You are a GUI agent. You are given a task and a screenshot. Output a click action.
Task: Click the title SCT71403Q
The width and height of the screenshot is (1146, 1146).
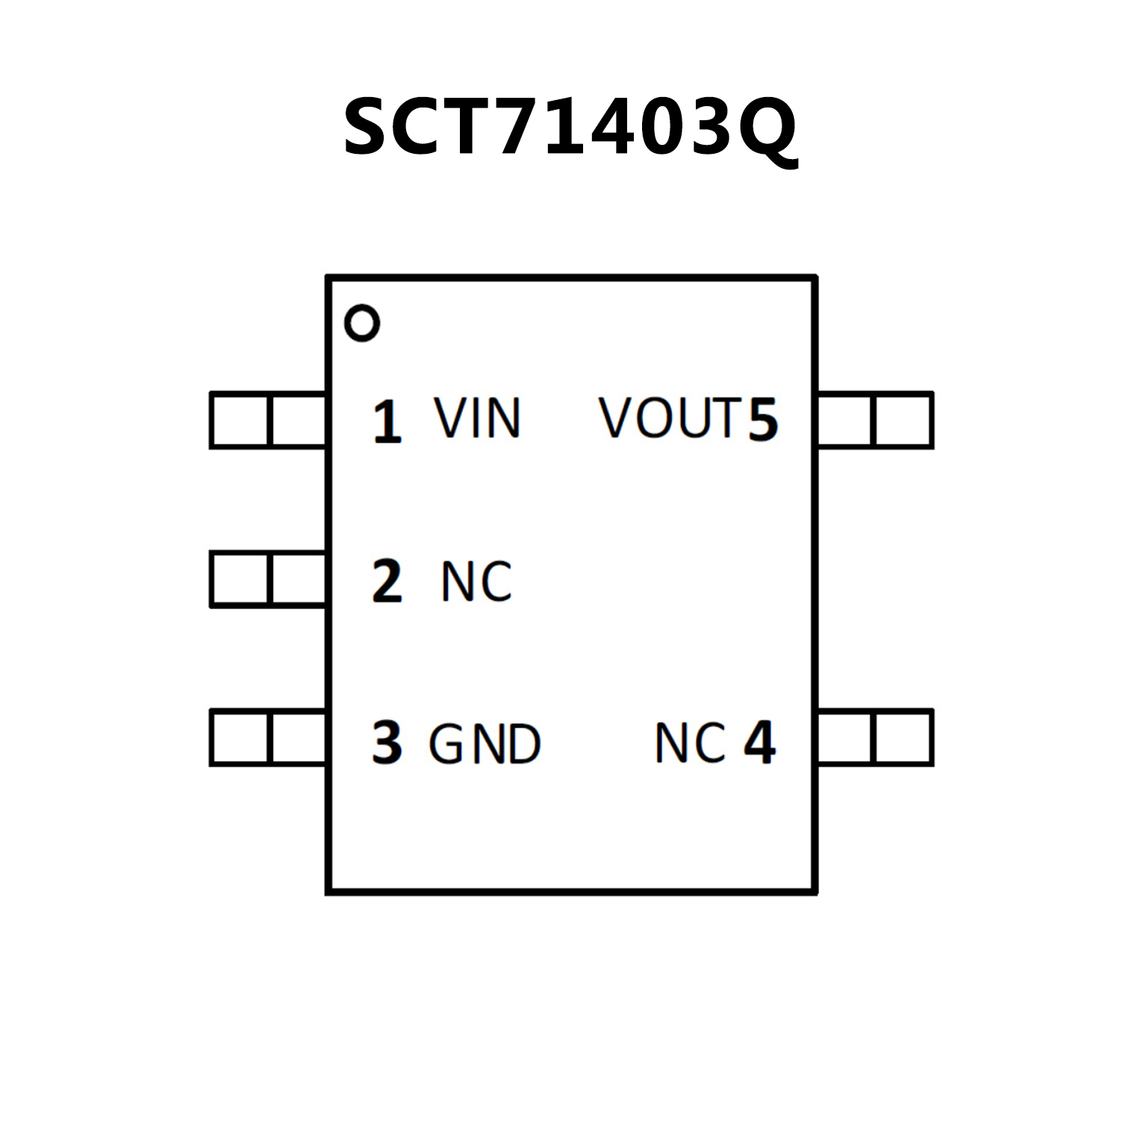click(570, 127)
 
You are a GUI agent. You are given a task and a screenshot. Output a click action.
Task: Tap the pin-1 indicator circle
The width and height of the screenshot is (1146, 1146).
click(362, 324)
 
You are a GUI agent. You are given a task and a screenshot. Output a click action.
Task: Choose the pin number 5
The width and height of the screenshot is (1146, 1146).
click(763, 420)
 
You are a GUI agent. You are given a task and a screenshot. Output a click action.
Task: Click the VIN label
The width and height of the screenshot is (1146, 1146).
click(477, 419)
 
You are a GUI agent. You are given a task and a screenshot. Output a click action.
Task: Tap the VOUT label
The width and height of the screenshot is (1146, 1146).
click(670, 418)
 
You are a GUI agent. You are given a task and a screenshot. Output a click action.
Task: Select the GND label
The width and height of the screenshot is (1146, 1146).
click(485, 744)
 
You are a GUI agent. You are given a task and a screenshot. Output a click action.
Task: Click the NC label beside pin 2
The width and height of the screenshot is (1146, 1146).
click(476, 582)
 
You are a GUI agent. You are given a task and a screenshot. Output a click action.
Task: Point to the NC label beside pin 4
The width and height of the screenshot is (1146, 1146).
click(690, 743)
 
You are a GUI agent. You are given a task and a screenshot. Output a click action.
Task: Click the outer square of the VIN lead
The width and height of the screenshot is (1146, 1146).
click(239, 420)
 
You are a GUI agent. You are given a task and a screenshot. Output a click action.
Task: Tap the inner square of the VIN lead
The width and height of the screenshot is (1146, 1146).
click(297, 420)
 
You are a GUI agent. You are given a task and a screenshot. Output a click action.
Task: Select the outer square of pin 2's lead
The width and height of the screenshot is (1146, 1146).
click(239, 579)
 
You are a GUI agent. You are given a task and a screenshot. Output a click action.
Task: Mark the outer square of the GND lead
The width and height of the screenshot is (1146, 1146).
click(239, 738)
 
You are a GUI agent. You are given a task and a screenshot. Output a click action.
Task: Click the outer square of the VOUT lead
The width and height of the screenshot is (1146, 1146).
click(903, 420)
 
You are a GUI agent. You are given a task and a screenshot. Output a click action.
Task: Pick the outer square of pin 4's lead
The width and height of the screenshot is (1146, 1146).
click(903, 738)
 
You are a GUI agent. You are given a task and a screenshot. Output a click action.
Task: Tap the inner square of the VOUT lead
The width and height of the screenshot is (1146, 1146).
click(844, 420)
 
